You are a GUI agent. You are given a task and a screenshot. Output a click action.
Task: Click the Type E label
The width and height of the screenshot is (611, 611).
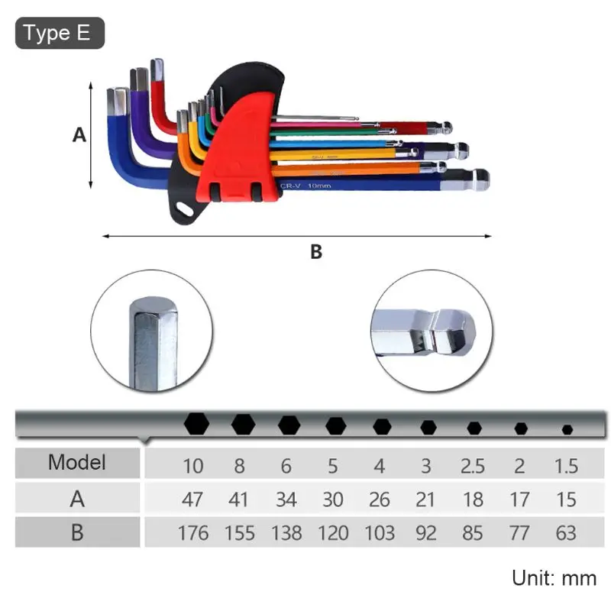tap(59, 34)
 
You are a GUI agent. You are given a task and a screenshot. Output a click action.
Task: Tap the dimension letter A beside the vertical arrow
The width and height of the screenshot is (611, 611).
tap(79, 135)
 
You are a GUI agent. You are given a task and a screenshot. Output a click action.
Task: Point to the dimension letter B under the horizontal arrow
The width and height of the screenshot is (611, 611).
tap(315, 252)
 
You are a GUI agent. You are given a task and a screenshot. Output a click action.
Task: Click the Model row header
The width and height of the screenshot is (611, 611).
tap(77, 462)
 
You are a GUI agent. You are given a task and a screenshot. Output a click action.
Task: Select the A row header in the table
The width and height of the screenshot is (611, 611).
tap(77, 499)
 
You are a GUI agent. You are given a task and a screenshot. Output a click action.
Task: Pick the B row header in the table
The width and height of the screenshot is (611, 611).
tap(77, 532)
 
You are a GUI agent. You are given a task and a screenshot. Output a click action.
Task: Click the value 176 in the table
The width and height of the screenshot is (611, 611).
tap(193, 532)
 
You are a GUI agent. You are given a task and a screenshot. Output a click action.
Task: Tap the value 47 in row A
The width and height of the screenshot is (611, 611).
tap(193, 499)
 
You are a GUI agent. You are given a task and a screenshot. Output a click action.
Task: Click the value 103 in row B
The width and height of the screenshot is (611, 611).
tap(380, 532)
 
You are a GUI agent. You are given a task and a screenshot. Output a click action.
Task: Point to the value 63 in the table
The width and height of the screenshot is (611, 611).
tap(566, 532)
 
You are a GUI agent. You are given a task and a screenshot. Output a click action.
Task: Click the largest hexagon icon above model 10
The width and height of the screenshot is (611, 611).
tap(196, 424)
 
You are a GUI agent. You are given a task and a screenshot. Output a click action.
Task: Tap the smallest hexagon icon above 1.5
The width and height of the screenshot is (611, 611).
tap(567, 429)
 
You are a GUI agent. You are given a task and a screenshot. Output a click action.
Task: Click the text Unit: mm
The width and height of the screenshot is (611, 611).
tap(554, 577)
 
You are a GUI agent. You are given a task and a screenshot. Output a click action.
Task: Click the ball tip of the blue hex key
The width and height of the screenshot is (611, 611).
tap(480, 180)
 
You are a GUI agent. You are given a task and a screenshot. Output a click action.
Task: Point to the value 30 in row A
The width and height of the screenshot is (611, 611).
tap(333, 499)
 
